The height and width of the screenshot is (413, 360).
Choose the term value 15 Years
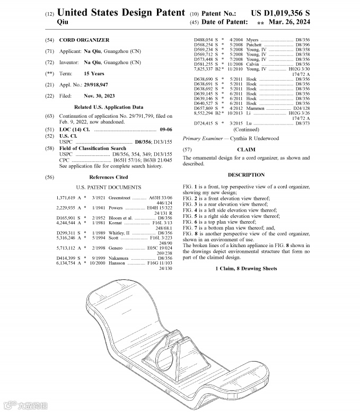click(x=94, y=74)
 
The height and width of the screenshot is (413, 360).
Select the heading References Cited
click(x=108, y=178)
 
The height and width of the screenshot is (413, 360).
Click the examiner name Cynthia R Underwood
click(x=254, y=139)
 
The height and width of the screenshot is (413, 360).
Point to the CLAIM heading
click(x=246, y=150)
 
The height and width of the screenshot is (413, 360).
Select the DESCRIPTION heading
click(x=246, y=175)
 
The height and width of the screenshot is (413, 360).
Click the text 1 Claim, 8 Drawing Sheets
click(x=246, y=269)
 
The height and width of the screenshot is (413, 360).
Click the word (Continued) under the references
click(x=246, y=129)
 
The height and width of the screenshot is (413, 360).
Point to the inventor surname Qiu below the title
click(x=62, y=22)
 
